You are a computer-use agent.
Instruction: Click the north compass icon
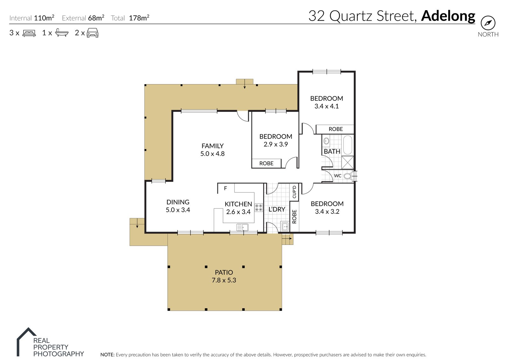[488, 23]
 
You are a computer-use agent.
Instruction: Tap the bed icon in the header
[29, 33]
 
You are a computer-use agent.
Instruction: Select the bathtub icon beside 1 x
[62, 33]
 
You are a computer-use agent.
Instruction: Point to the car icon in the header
[93, 33]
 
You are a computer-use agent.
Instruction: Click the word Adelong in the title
[448, 16]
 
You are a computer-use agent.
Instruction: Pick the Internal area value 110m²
[44, 18]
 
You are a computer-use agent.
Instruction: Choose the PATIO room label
[224, 272]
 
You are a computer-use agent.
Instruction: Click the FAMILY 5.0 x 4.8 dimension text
[213, 154]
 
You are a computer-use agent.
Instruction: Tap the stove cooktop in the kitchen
[259, 208]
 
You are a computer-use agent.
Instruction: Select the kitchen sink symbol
[242, 227]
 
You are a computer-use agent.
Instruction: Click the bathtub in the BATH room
[347, 145]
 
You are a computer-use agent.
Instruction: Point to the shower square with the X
[348, 163]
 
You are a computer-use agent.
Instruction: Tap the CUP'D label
[294, 192]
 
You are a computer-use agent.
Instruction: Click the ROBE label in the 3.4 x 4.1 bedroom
[336, 129]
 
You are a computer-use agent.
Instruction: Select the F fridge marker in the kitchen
[226, 188]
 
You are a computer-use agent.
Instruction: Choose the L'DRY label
[277, 209]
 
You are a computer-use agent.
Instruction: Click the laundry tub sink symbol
[285, 226]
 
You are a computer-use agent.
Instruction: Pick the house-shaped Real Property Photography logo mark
[26, 342]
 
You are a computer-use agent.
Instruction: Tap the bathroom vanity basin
[326, 141]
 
